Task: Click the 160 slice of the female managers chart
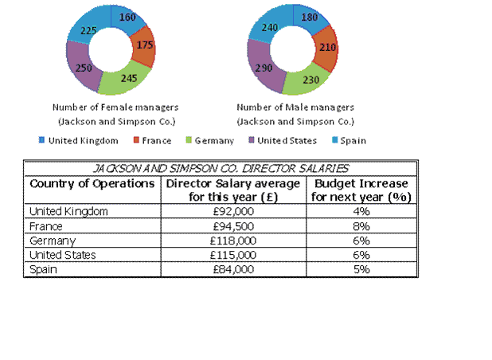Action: tap(128, 17)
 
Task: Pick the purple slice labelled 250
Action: tap(82, 68)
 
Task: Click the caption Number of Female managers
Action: tap(115, 107)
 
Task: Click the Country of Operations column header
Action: tap(92, 184)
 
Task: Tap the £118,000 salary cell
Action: tap(234, 240)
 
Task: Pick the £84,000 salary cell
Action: tap(234, 269)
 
